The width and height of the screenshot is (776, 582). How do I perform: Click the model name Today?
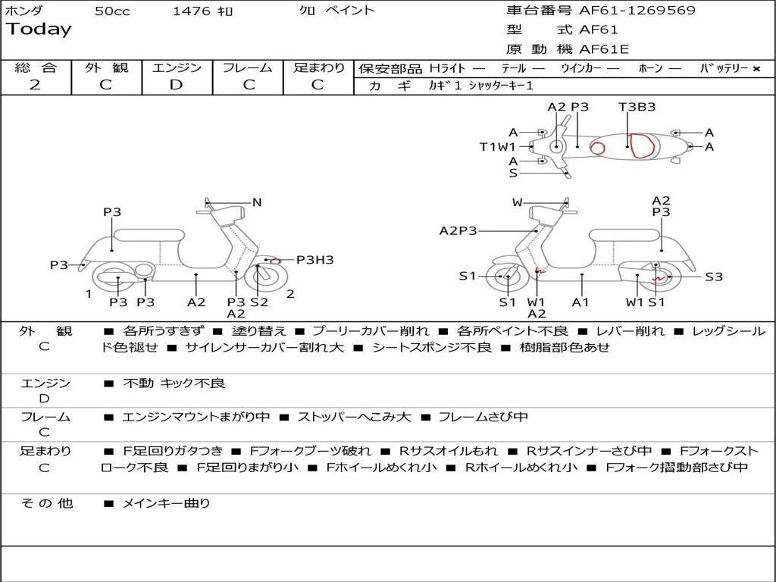point(39,30)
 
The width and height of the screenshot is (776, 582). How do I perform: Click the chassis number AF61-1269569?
point(637,10)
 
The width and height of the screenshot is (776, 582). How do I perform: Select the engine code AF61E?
point(604,49)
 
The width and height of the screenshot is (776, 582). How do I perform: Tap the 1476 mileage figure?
point(192,11)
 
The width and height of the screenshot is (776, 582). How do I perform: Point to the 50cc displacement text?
point(112,11)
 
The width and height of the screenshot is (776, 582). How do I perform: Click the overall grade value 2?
point(35,85)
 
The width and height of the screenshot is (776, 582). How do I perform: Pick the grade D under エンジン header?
point(176,85)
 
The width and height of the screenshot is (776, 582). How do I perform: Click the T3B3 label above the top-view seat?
point(637,106)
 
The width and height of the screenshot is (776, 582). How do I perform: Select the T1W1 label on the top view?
point(497,146)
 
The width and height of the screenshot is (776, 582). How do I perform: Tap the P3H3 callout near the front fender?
point(314,259)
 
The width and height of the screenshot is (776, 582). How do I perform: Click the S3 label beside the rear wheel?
point(714,277)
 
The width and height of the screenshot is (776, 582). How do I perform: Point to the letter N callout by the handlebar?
point(256,202)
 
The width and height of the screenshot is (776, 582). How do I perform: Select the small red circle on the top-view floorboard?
point(597,148)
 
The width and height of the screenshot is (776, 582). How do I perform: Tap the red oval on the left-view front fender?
point(274,261)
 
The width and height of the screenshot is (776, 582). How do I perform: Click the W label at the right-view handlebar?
point(517,202)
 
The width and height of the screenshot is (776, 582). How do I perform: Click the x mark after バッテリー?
point(756,69)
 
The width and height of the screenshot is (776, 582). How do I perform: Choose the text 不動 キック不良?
point(174,383)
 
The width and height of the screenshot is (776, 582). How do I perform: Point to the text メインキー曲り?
point(166,503)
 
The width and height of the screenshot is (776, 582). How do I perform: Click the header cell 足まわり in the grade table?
point(318,67)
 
